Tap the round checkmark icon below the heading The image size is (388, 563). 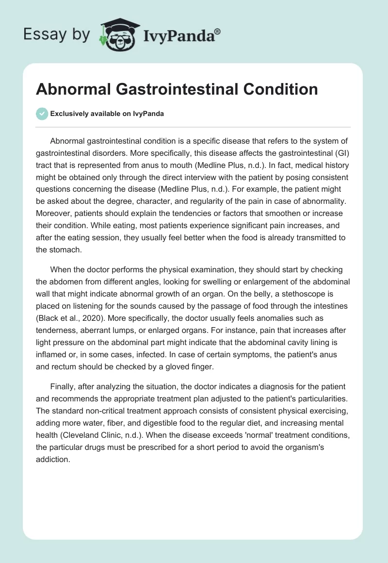(42, 114)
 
